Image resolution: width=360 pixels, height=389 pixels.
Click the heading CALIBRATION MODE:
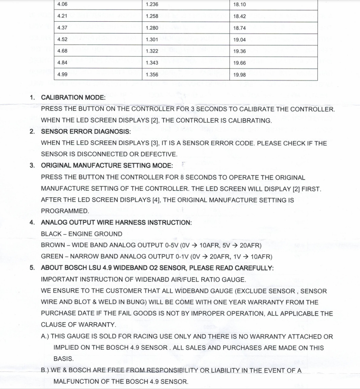(73, 97)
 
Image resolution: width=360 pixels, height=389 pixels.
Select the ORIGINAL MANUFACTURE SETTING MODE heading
(107, 166)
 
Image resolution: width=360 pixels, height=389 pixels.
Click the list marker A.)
(47, 336)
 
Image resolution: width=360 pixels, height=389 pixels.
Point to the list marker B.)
(47, 371)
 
